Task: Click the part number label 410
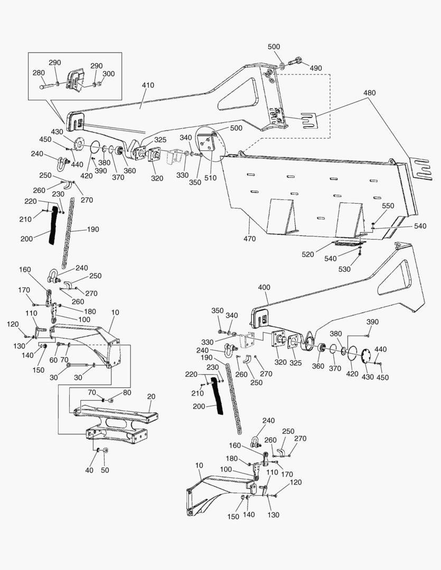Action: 148,85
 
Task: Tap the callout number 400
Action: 264,287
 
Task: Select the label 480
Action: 369,93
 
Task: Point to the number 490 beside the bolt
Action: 316,68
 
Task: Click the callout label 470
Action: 249,239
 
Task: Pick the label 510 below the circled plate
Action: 210,178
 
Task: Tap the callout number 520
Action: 307,254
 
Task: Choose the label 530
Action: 344,269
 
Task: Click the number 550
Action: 388,206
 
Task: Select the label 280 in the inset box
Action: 39,73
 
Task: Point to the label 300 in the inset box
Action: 108,74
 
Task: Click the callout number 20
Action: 151,396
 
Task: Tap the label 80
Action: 127,393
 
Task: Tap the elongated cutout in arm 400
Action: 396,279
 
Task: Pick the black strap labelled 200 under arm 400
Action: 218,396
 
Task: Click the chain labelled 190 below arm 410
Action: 67,233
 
